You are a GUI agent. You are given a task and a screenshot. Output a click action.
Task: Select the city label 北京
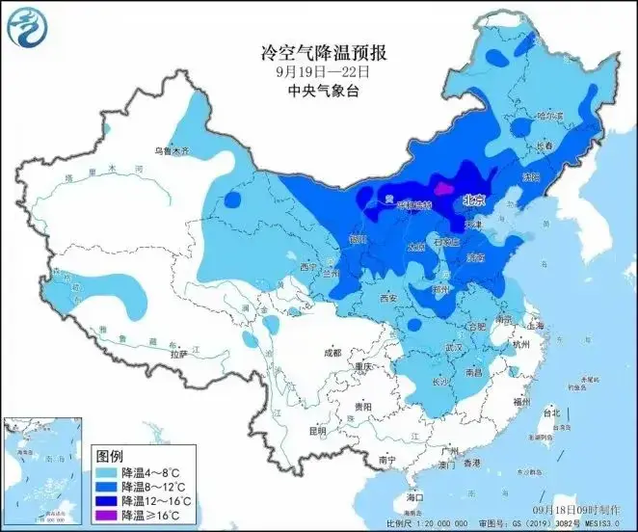click(x=472, y=200)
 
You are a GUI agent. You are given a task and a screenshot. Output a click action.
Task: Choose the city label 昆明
click(x=317, y=430)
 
